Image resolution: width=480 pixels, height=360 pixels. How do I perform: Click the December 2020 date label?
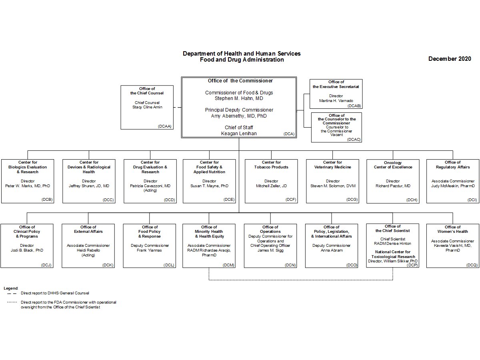click(450, 59)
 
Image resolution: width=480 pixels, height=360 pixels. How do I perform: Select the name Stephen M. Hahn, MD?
click(239, 98)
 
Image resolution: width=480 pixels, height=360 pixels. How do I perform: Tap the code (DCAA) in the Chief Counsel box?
click(164, 126)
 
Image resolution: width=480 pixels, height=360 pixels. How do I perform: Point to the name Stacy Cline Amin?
click(147, 107)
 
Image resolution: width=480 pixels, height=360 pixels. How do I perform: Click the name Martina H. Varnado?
click(336, 101)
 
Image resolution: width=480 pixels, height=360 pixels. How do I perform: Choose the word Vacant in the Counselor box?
click(336, 135)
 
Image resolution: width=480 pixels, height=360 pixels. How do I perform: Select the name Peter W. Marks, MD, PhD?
click(28, 186)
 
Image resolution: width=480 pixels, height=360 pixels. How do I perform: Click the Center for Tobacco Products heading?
click(271, 165)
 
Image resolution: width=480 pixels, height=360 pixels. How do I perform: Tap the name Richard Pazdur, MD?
click(393, 186)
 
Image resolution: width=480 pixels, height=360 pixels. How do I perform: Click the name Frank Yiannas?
click(150, 250)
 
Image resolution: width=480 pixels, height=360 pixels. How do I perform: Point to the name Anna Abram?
click(332, 250)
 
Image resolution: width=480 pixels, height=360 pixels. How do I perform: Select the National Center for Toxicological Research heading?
click(393, 254)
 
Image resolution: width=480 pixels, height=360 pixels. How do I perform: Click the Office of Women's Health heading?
click(453, 229)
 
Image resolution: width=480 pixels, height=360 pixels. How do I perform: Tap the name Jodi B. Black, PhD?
click(27, 250)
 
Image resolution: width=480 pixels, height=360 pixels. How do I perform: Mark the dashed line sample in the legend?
click(12, 293)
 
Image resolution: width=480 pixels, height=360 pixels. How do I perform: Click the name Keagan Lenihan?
click(239, 134)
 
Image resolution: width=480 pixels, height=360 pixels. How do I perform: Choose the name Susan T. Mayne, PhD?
click(210, 186)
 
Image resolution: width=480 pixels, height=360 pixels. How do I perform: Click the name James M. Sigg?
click(270, 250)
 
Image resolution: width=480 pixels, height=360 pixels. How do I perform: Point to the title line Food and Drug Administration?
click(242, 60)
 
